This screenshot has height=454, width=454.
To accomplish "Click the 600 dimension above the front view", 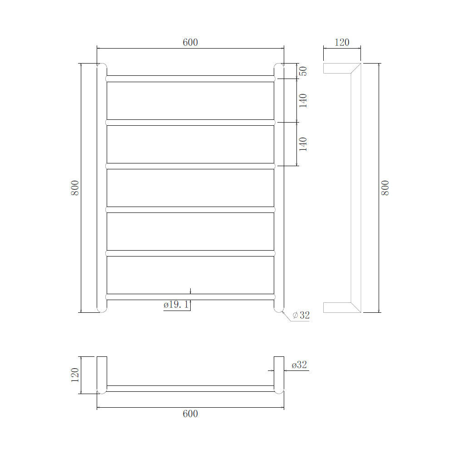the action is click(190, 42).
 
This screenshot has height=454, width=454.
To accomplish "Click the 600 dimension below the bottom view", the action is click(190, 414).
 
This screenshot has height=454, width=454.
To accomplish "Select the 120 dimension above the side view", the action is click(342, 42).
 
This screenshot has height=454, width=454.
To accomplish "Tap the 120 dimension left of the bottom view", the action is click(75, 375).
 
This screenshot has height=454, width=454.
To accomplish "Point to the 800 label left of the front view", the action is click(75, 188).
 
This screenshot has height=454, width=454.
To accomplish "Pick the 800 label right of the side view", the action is click(385, 188).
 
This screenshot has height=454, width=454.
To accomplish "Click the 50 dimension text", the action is click(303, 71).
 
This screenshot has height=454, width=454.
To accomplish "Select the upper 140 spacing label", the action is click(303, 100).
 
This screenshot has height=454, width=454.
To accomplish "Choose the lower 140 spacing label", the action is click(303, 144).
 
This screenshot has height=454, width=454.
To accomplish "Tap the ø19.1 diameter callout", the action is click(176, 305).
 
